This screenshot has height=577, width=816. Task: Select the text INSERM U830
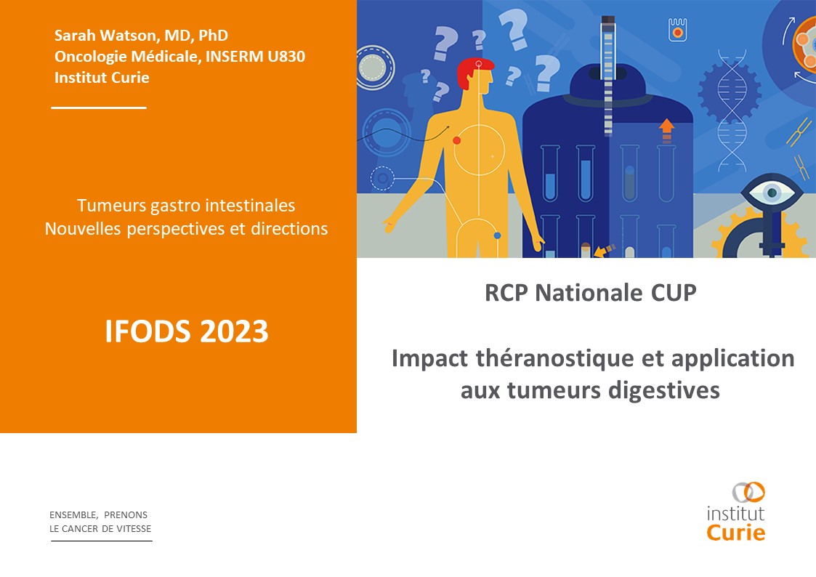pyautogui.click(x=256, y=56)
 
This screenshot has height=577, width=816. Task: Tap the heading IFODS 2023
pyautogui.click(x=186, y=331)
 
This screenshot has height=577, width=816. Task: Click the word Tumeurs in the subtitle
pyautogui.click(x=111, y=206)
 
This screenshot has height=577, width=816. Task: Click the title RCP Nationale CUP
pyautogui.click(x=590, y=293)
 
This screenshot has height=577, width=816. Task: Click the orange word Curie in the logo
pyautogui.click(x=736, y=533)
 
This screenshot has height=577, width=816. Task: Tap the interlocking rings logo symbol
pyautogui.click(x=748, y=492)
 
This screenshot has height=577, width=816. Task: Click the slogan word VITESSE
pyautogui.click(x=134, y=528)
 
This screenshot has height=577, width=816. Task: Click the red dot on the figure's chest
pyautogui.click(x=456, y=140)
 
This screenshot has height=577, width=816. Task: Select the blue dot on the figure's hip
pyautogui.click(x=497, y=235)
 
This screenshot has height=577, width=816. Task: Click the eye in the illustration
pyautogui.click(x=771, y=193)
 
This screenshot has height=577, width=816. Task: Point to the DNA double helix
pyautogui.click(x=732, y=110)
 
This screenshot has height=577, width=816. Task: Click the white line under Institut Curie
pyautogui.click(x=99, y=108)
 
